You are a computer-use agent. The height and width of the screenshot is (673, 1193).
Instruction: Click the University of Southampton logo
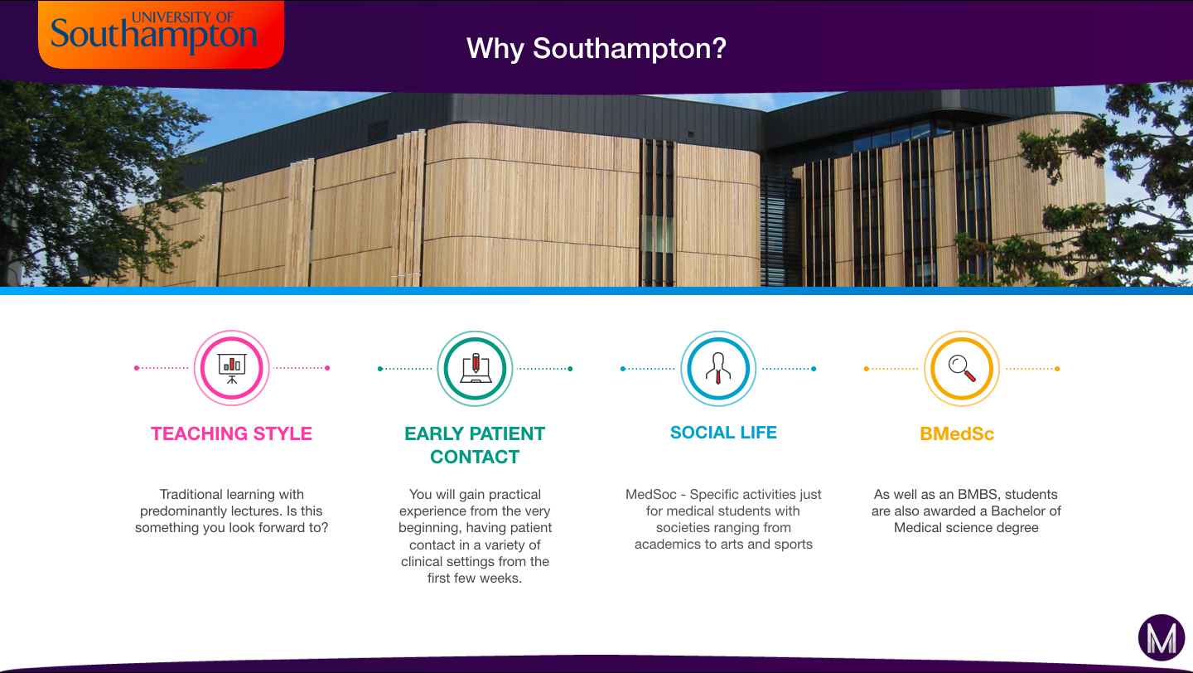(161, 34)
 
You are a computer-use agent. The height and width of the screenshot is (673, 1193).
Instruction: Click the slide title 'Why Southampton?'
(596, 49)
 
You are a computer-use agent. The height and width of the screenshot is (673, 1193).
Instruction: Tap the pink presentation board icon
(232, 368)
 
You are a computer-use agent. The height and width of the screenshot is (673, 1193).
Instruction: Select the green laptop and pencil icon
(475, 369)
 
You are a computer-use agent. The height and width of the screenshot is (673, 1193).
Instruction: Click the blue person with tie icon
(718, 369)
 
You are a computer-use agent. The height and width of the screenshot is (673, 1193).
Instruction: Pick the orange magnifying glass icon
(962, 369)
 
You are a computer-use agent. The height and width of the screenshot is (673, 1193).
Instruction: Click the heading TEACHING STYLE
(232, 433)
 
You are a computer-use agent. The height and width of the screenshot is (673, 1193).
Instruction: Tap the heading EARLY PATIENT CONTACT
(475, 445)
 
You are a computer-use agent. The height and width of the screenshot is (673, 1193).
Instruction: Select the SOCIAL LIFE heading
(723, 433)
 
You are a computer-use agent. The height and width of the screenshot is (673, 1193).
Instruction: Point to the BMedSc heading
(957, 433)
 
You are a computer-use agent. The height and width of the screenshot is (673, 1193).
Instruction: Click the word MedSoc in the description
(651, 495)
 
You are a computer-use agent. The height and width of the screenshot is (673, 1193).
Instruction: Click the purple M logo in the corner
(1162, 638)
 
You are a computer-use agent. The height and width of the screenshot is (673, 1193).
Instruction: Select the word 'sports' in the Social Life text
(794, 545)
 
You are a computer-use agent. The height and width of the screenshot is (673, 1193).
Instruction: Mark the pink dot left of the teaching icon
(137, 368)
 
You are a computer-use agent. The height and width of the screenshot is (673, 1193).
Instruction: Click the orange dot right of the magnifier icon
(1057, 369)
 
